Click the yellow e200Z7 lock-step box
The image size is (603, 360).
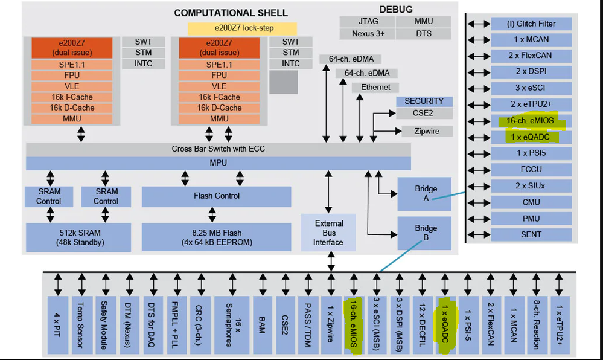242,28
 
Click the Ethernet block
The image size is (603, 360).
375,87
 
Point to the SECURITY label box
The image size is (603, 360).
424,101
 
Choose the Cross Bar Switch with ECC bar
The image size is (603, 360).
218,149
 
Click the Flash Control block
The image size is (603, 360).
216,196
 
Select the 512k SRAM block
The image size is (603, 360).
78,237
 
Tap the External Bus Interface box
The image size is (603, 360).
328,233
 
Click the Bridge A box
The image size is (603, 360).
426,193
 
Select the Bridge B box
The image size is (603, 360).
426,233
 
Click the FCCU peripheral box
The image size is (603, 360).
531,169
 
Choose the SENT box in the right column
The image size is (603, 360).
531,234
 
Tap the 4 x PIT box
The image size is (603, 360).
58,324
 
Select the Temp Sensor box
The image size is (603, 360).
81,324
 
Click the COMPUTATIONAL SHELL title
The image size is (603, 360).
231,13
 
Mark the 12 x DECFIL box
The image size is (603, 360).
422,324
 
